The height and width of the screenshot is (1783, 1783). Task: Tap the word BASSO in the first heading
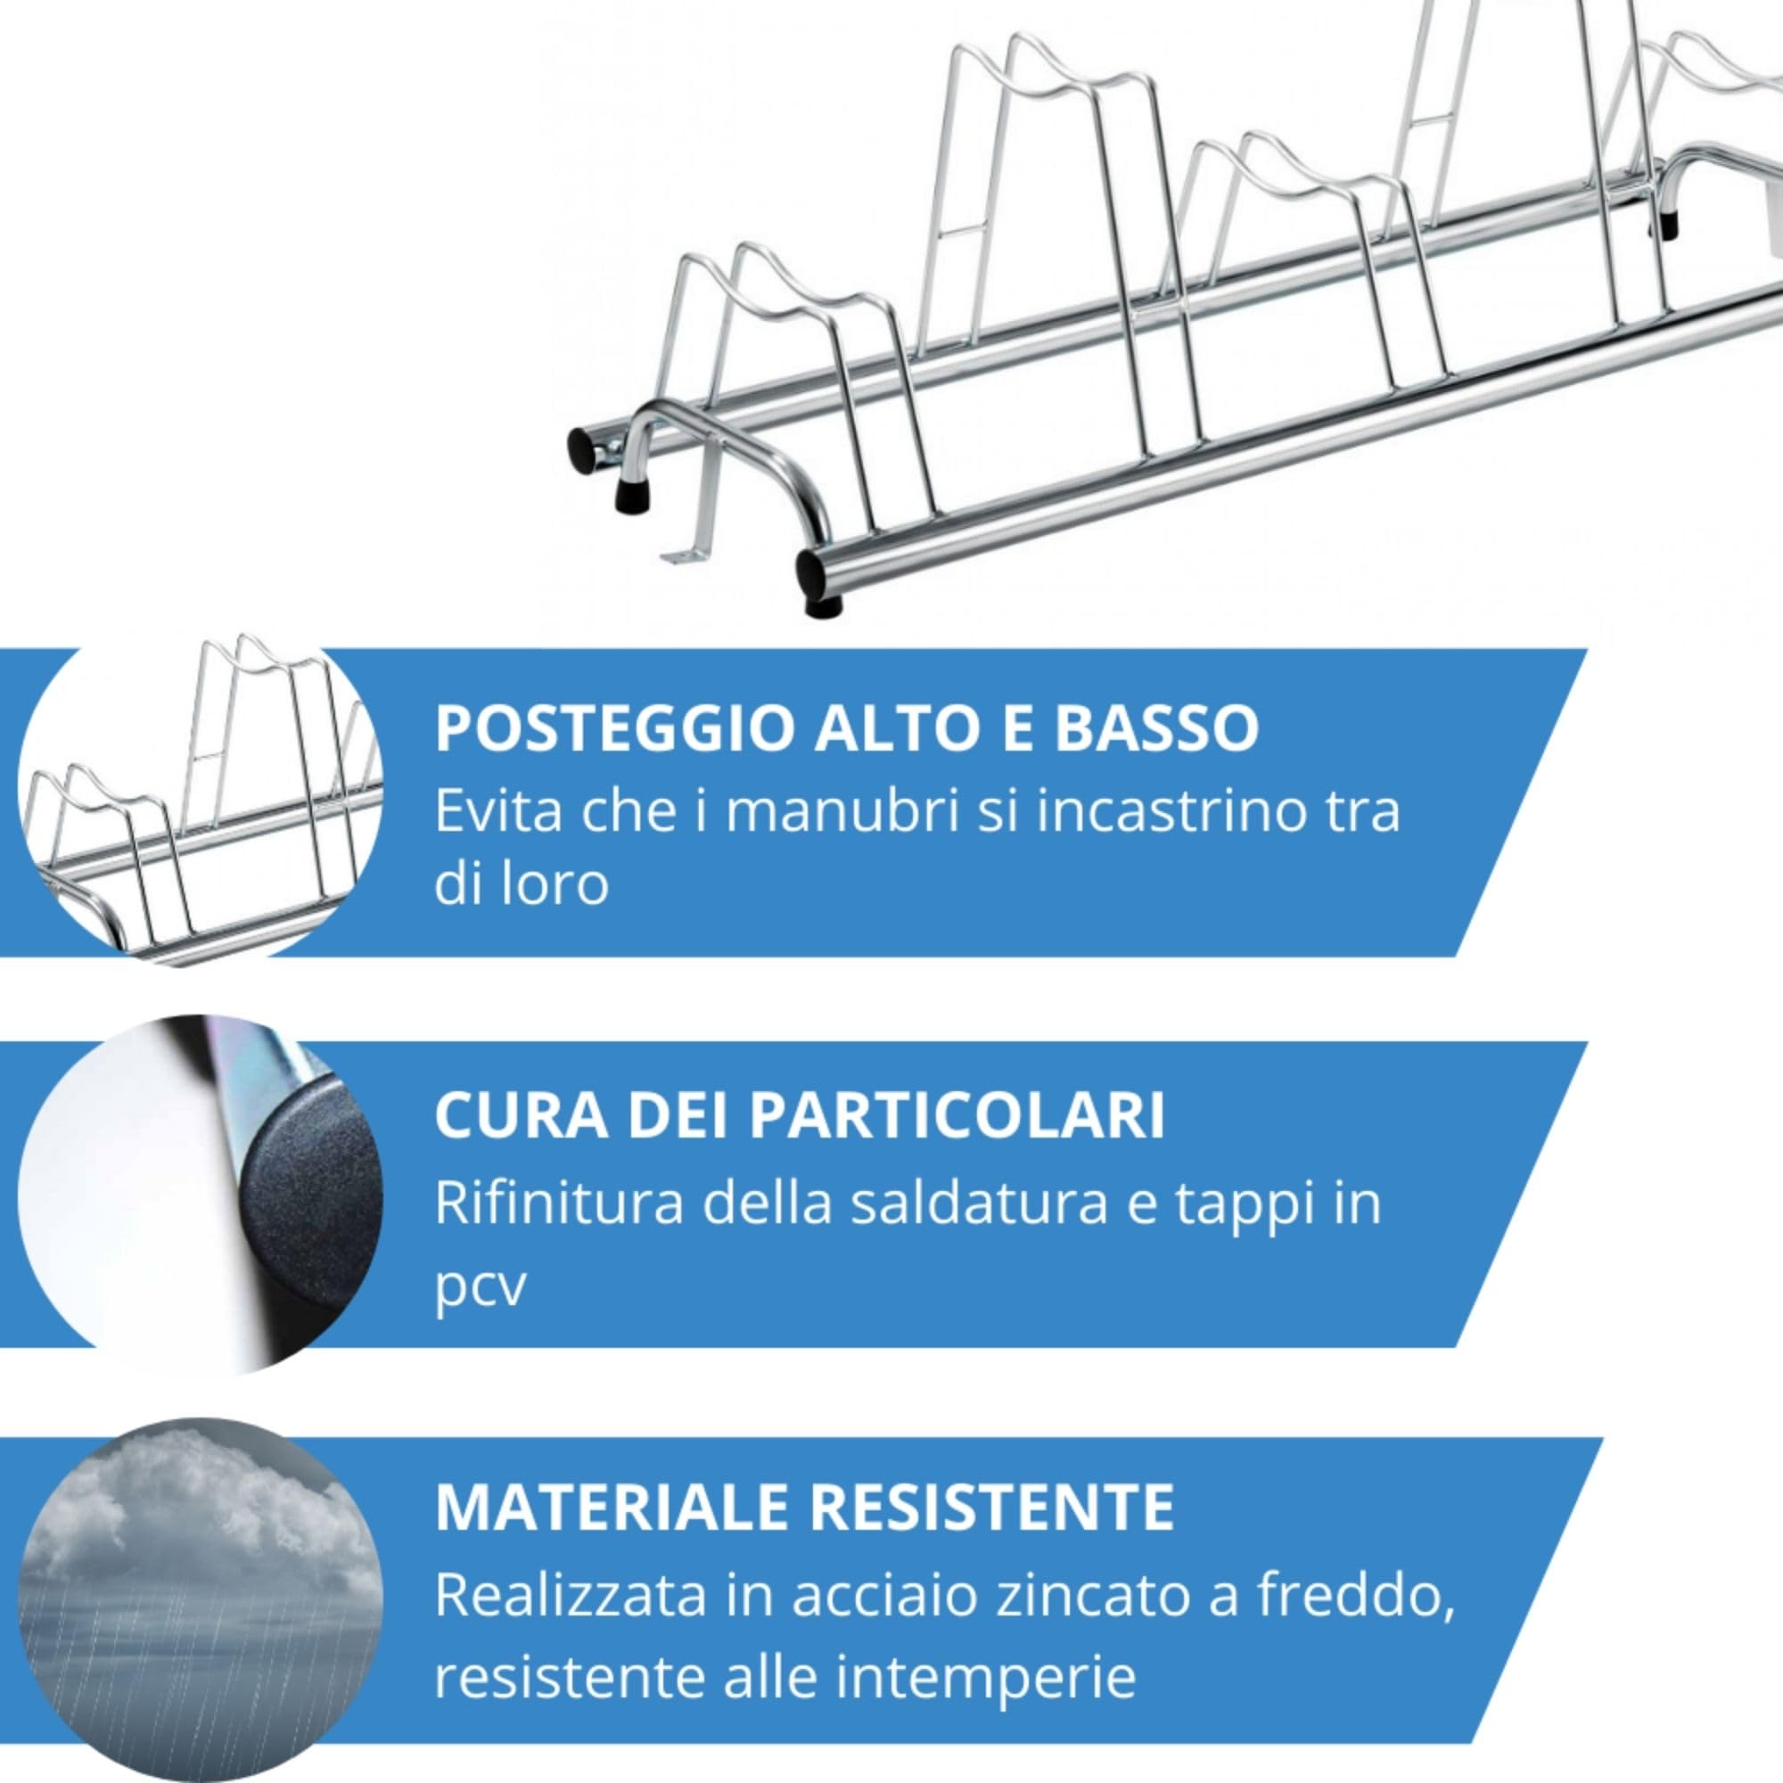1156,728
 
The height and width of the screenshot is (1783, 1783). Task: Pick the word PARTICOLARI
957,1116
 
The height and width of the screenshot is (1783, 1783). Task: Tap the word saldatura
978,1202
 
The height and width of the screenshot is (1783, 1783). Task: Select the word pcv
480,1285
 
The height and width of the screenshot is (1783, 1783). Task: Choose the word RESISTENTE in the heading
992,1507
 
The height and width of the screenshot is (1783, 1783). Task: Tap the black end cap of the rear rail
582,452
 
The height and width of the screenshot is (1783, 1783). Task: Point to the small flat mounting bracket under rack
681,555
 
